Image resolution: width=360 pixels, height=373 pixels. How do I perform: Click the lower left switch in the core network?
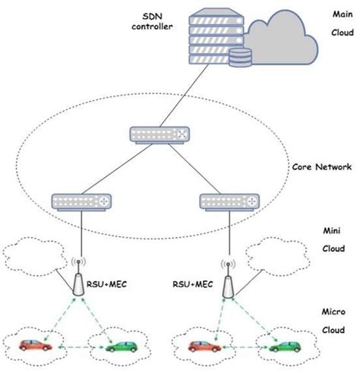81,201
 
